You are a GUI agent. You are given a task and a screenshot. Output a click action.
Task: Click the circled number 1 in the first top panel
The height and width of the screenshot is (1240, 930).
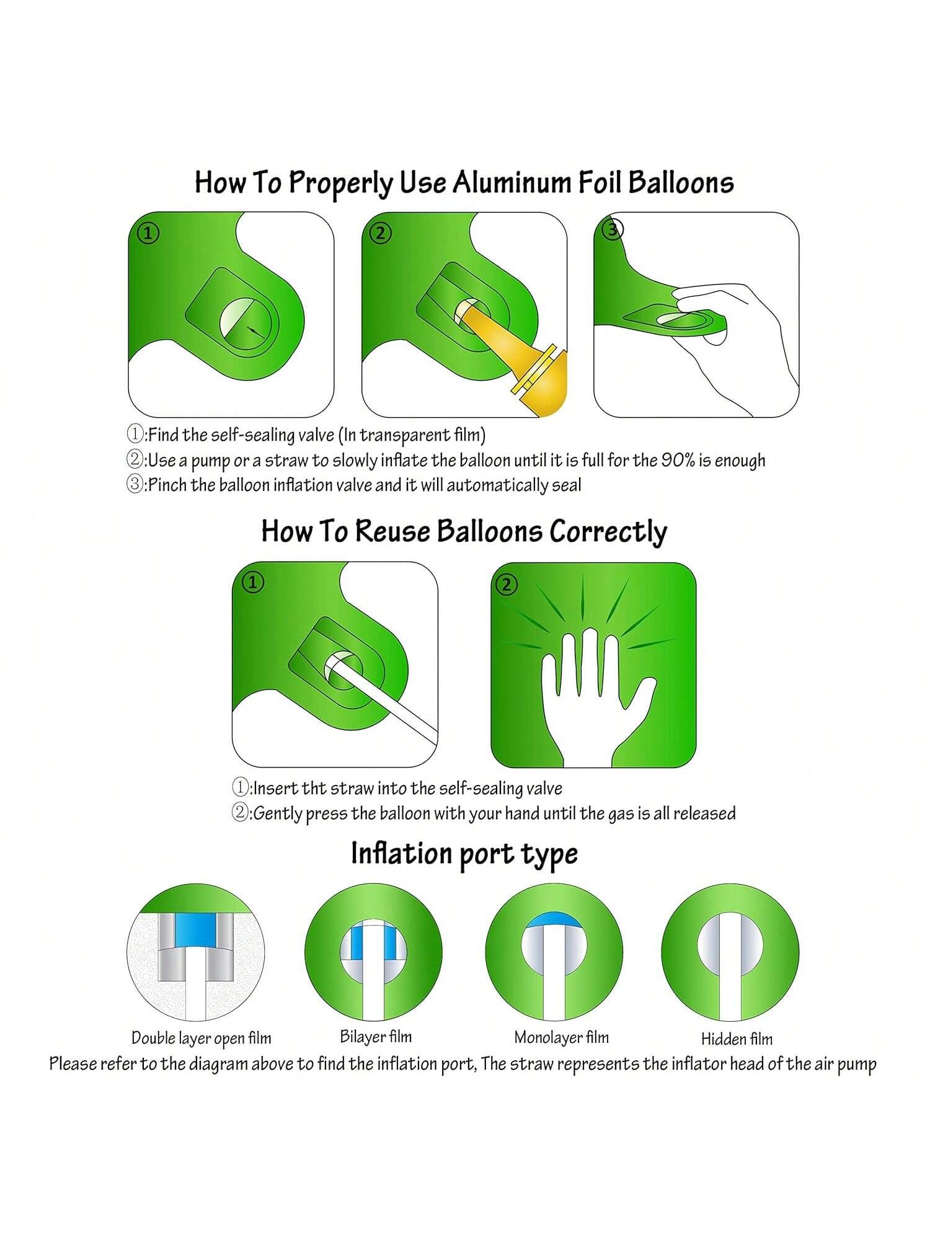click(148, 234)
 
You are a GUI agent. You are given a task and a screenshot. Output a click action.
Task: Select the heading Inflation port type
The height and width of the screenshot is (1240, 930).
click(464, 854)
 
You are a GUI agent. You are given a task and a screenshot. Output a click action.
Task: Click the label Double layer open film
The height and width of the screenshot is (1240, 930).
click(201, 1038)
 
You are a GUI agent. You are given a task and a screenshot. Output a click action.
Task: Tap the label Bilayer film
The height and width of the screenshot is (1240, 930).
click(376, 1037)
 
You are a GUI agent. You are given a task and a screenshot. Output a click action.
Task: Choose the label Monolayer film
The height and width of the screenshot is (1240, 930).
click(562, 1037)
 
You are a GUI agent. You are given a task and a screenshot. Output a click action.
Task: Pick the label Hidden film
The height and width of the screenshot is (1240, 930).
click(737, 1038)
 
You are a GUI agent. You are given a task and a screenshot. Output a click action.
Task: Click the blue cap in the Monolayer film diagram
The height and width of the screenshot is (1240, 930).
click(554, 920)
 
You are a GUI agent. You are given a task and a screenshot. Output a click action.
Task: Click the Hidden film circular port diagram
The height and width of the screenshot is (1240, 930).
click(730, 952)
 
